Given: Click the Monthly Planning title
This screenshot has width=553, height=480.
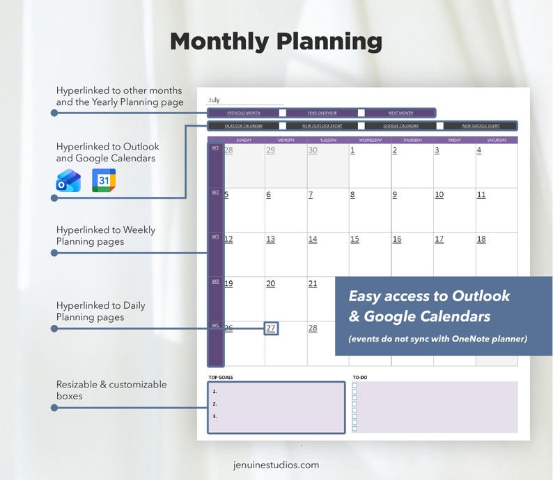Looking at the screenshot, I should coord(276,42).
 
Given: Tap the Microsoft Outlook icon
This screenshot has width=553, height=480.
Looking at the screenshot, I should coord(68,180).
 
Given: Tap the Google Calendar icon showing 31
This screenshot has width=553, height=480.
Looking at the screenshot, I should coord(104,180).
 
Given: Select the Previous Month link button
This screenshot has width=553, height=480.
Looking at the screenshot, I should coord(243,113).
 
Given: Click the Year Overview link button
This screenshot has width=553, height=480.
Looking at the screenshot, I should coord(322,113).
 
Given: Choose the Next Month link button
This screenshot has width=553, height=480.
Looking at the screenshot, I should coord(400,113).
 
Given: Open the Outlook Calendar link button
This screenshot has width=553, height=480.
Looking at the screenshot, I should coord(243,126).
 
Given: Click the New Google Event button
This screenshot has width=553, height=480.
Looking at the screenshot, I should coord(481,126).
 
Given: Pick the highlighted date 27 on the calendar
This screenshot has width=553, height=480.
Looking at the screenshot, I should coord(271,328).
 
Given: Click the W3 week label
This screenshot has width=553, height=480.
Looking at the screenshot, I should coord(215,237).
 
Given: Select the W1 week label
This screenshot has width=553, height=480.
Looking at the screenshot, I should coord(215,147).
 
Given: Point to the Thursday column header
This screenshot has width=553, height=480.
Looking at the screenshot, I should coord(412,140).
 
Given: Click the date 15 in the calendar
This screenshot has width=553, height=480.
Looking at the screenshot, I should coord(355,239).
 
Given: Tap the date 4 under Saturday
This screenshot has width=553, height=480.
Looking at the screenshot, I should coord(479,150).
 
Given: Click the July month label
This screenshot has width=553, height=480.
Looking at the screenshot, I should coord(215,100).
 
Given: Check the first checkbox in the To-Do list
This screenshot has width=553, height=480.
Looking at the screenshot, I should coord(355,385).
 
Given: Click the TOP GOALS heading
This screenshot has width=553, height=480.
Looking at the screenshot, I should coord(221,377).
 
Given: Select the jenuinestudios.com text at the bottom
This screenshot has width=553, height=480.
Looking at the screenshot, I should coord(276,465).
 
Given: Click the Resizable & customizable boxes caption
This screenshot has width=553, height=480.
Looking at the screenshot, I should coord(111,390).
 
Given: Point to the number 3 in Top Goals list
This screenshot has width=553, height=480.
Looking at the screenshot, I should coord(215,416).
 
